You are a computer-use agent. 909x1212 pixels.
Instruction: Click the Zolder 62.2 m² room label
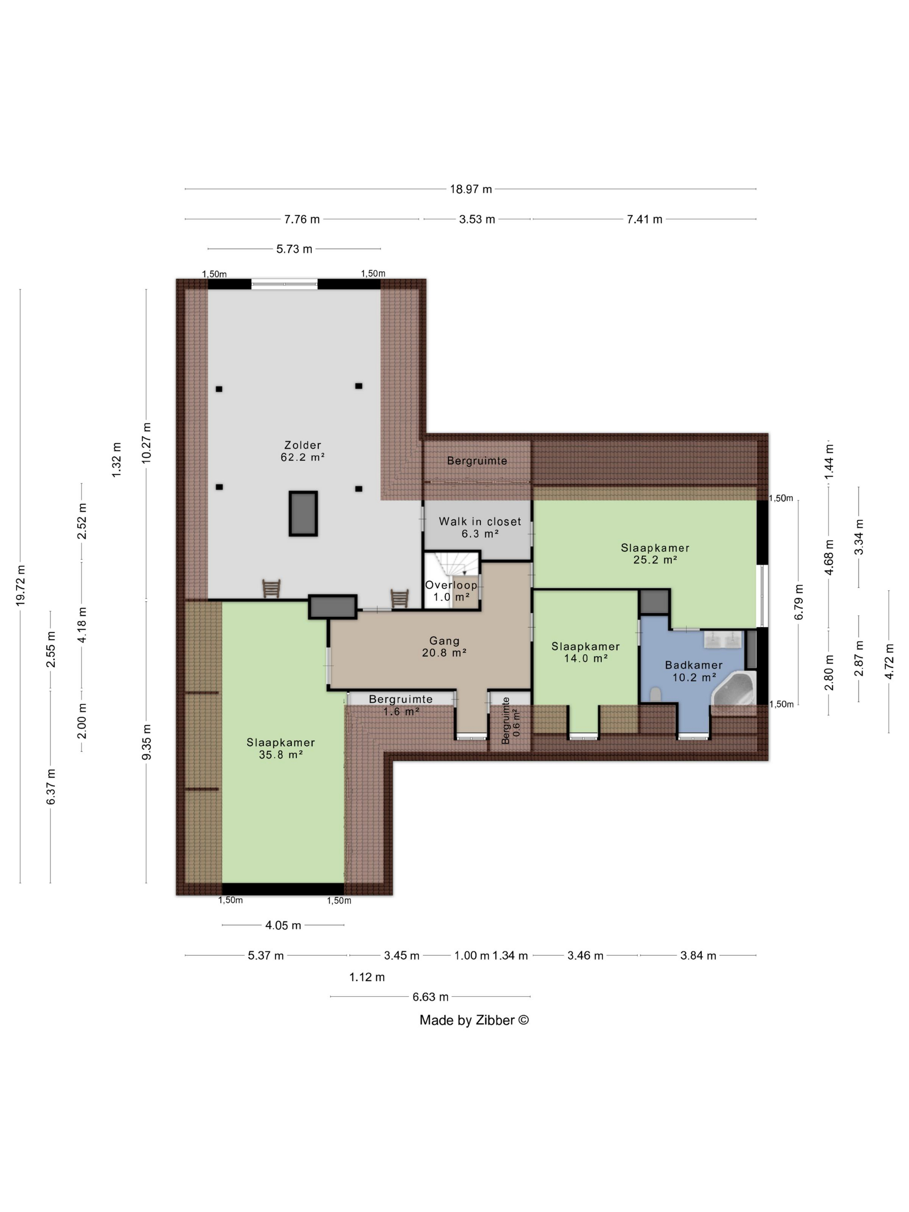[x=303, y=451]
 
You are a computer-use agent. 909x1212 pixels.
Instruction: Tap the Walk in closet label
[x=480, y=522]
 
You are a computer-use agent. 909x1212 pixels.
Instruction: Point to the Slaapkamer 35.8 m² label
[x=280, y=748]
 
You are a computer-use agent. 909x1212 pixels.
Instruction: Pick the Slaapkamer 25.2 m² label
[x=655, y=553]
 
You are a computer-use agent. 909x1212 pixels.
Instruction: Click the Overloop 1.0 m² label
[x=451, y=591]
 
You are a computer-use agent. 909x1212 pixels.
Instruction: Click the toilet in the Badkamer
[x=655, y=694]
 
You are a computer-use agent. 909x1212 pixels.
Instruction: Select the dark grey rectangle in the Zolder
[x=303, y=513]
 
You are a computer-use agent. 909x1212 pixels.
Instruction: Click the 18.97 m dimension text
[x=471, y=190]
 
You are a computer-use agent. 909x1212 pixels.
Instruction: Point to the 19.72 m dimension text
[x=21, y=585]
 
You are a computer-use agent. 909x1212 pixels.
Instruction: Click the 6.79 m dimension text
[x=798, y=602]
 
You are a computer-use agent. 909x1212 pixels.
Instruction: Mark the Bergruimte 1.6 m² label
[x=400, y=705]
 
